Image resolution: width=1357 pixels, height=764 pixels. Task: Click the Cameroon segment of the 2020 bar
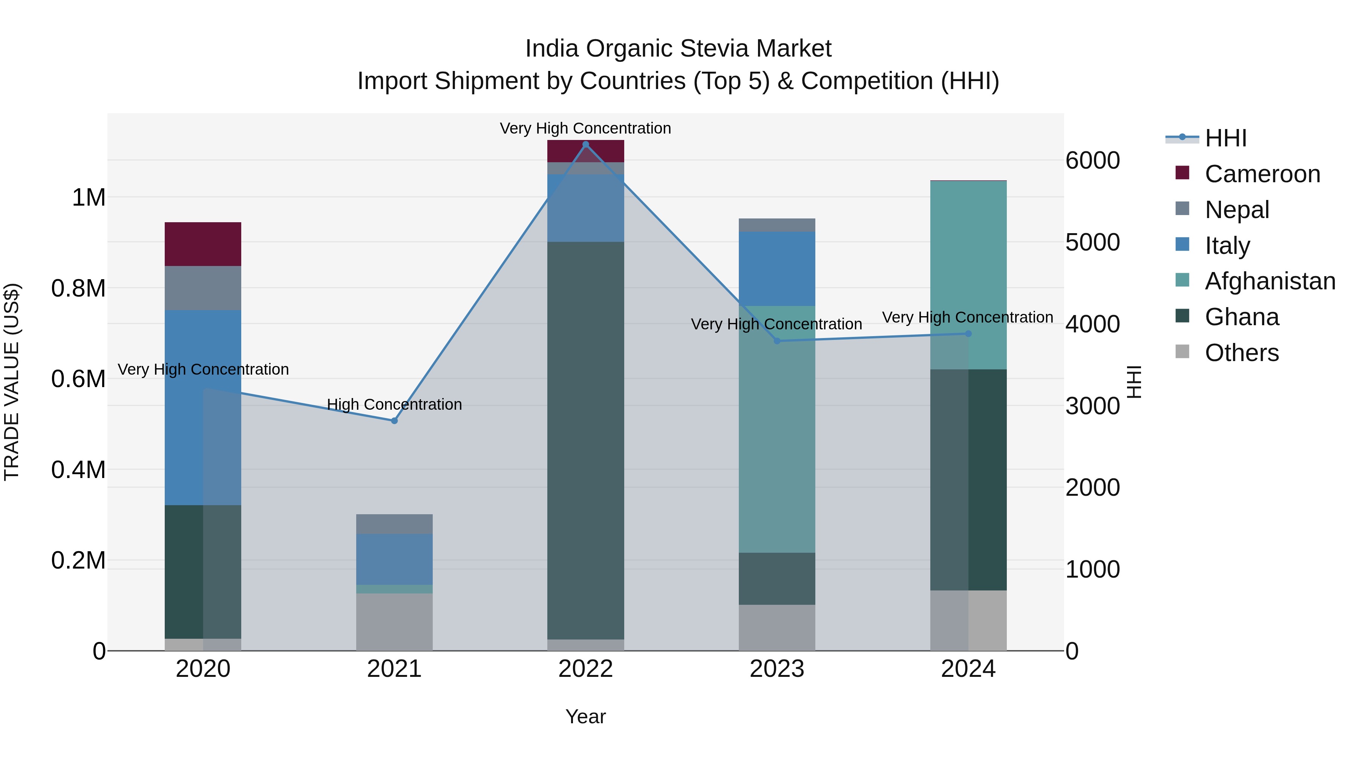[203, 244]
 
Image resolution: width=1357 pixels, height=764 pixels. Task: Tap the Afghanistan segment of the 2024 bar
[968, 275]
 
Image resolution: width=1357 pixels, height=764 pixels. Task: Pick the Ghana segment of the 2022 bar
[585, 440]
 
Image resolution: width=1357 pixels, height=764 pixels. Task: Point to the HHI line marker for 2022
[585, 144]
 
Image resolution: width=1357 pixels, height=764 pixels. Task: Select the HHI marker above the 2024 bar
[968, 334]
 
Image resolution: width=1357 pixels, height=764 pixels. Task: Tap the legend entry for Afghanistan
[1270, 281]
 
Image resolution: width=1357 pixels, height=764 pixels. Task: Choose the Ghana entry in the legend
[1242, 317]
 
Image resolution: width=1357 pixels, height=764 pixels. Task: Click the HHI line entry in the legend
[1225, 138]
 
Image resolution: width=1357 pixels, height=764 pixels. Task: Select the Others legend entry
[1242, 353]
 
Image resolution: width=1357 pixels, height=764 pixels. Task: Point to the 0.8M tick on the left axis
[78, 288]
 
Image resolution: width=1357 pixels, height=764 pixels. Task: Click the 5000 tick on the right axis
[1092, 243]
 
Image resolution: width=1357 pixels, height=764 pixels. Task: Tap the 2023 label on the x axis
[777, 669]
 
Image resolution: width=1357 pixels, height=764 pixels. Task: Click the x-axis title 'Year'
[585, 716]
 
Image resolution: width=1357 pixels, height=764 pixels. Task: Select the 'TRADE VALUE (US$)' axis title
[12, 382]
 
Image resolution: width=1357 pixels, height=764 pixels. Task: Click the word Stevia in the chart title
[717, 49]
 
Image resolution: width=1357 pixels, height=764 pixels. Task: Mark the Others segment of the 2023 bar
[777, 627]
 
